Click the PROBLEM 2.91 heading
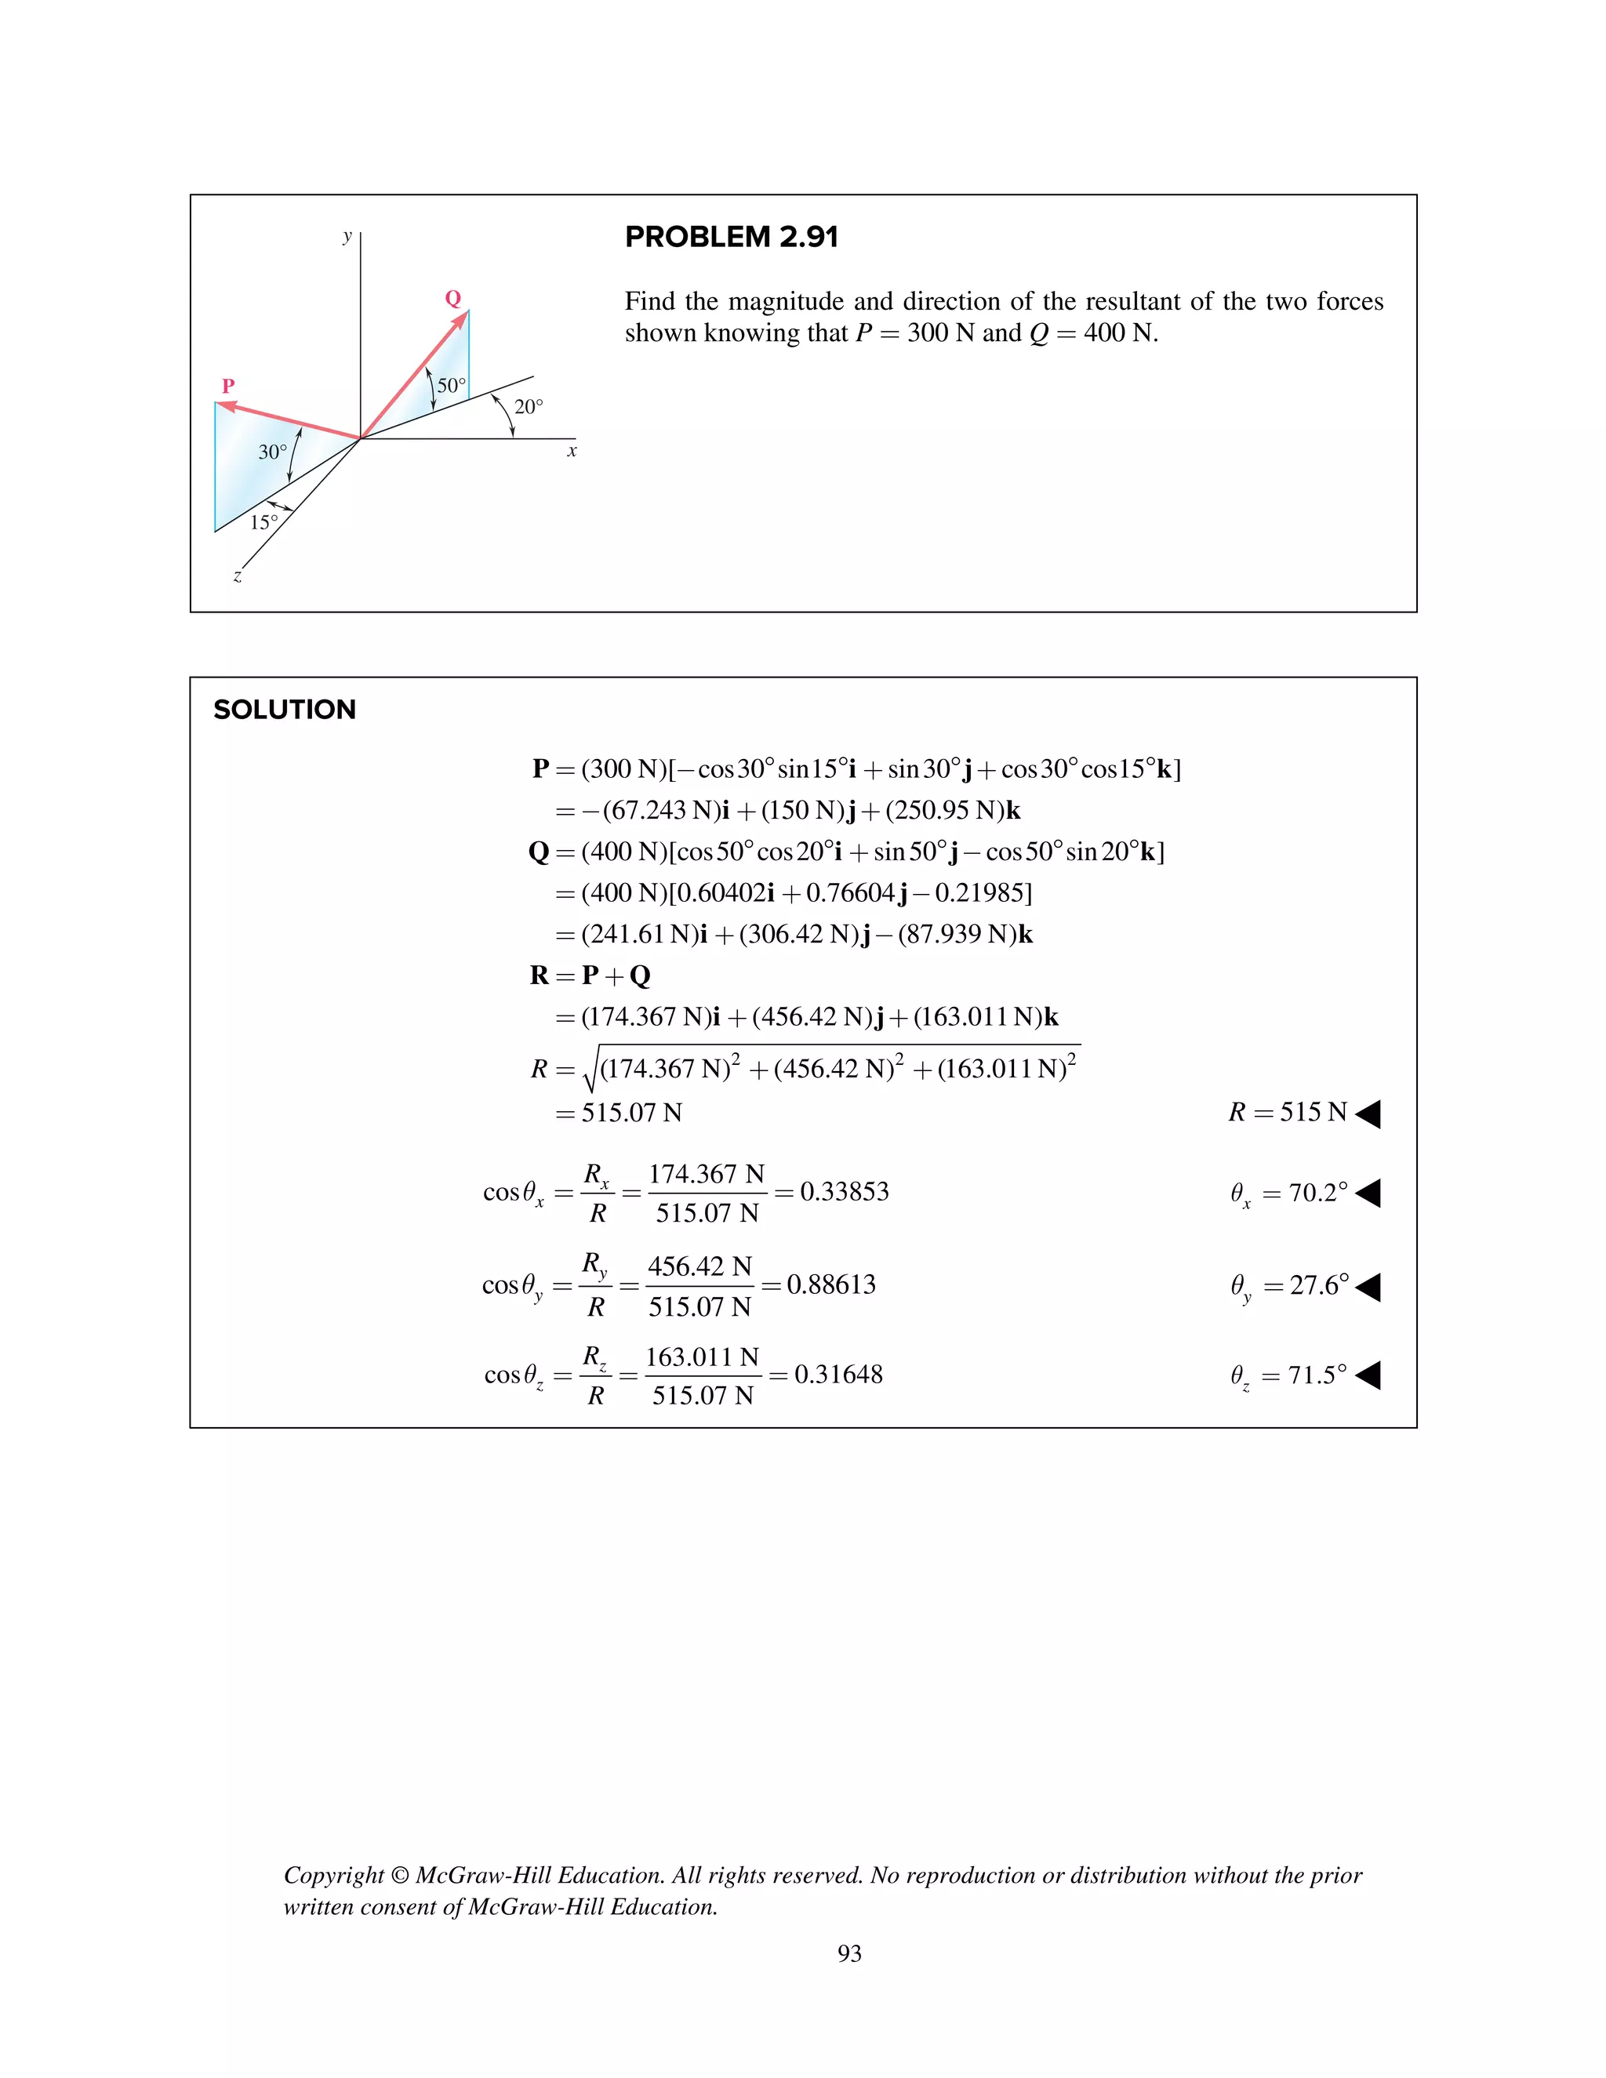731,237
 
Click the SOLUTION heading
285,710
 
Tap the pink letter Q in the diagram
453,298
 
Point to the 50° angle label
451,385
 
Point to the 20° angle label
528,407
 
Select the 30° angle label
272,452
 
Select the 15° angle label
263,522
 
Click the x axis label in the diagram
572,451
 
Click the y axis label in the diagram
347,236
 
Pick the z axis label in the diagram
238,576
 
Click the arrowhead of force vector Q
461,318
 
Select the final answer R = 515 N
1288,1112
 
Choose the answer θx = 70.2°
1289,1193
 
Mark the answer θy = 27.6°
1289,1286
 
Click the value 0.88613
830,1284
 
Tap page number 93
849,1953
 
